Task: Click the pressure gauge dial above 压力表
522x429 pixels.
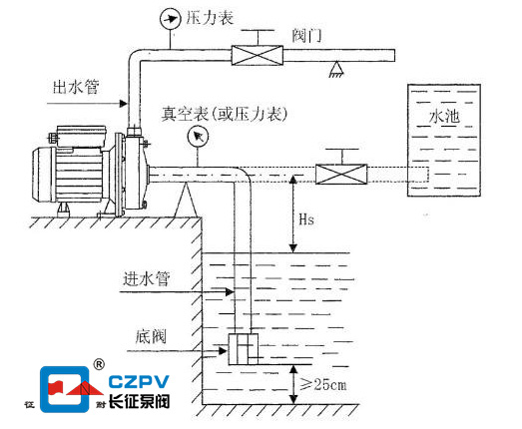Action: (x=171, y=19)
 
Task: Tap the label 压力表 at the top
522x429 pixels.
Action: (x=210, y=18)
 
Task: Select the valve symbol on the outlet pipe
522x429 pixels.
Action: (x=257, y=55)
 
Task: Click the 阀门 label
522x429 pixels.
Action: (x=306, y=36)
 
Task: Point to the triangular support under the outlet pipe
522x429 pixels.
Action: (x=336, y=69)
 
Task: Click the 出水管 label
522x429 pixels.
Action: (x=76, y=87)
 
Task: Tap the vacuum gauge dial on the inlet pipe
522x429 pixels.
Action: (x=198, y=137)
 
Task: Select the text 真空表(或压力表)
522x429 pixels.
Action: (x=224, y=114)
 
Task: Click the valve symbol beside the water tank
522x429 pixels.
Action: (x=341, y=174)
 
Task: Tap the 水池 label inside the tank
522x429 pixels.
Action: (x=444, y=117)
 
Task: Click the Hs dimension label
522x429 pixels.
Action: (x=306, y=219)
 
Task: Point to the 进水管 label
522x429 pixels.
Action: (x=147, y=279)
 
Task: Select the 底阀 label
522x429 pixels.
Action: (x=151, y=337)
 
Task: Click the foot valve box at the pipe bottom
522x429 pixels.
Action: (x=243, y=349)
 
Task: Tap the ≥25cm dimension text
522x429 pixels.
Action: (x=323, y=385)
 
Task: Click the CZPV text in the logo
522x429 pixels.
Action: (x=139, y=382)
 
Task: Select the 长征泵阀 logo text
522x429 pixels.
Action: (x=139, y=401)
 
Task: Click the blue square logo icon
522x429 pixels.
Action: (x=65, y=389)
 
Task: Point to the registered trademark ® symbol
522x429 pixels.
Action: (x=99, y=364)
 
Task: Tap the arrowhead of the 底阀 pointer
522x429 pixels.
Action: (x=223, y=351)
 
